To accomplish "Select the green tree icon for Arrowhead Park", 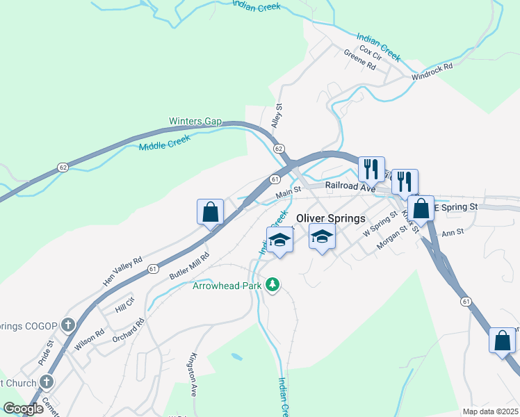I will coord(274,285).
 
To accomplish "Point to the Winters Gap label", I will coord(195,122).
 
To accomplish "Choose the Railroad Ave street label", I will coord(352,188).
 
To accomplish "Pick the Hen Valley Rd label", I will coord(122,270).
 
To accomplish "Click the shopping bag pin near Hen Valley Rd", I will coord(210,212).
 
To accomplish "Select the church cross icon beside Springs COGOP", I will coord(67,325).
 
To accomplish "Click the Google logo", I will coord(23,409).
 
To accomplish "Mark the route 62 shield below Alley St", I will coord(279,149).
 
